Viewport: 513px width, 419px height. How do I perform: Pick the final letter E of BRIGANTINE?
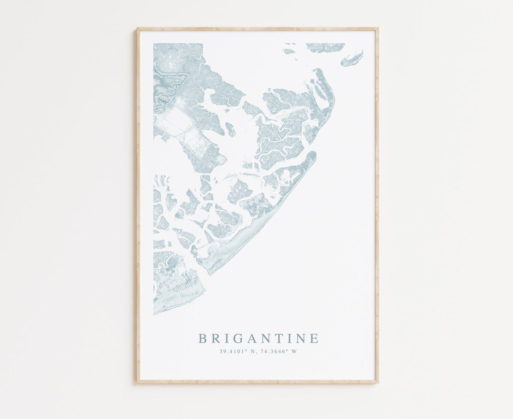pos(314,339)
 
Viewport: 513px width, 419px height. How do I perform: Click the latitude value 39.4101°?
pos(233,352)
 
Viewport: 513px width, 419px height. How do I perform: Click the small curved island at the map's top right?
pos(352,58)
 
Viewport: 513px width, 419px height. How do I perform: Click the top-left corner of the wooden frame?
pos(138,29)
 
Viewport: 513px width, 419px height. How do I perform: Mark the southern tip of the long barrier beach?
pos(209,273)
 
